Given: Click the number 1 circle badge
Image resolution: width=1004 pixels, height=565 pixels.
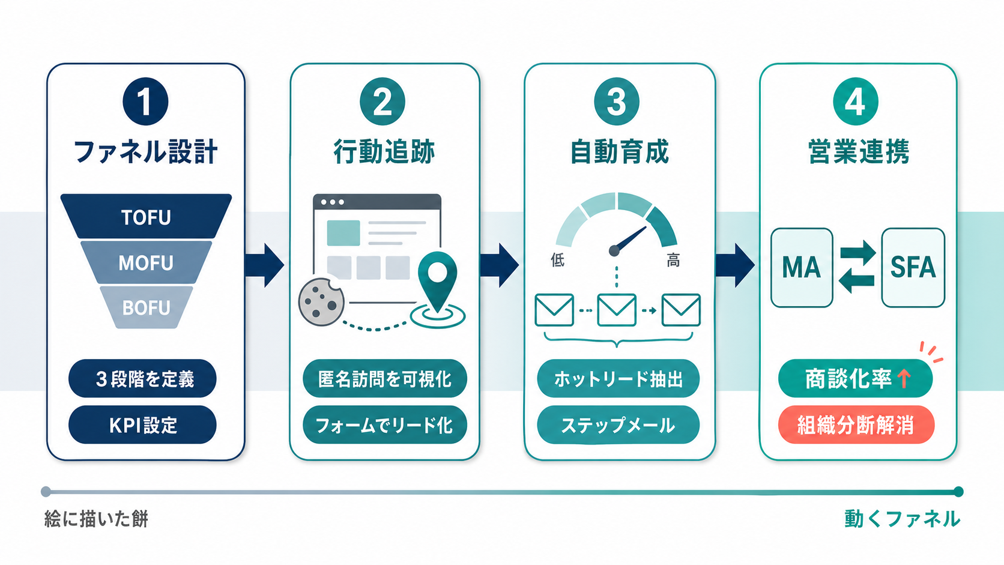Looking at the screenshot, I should (145, 101).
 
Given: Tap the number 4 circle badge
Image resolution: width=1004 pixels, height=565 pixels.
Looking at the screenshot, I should (856, 101).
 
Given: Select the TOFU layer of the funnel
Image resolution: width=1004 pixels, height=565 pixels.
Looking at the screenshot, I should (146, 217).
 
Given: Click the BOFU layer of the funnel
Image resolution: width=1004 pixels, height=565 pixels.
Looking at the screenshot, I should (146, 307).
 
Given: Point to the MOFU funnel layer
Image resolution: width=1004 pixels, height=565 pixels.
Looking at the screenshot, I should (146, 262).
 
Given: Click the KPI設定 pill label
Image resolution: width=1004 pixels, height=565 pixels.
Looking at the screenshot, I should (142, 425).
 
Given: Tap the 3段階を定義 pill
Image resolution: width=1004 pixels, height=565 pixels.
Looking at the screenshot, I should (142, 379).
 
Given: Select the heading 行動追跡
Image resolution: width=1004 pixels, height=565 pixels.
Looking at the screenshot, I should (384, 151).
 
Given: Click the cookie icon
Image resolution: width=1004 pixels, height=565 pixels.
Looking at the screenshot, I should (321, 301).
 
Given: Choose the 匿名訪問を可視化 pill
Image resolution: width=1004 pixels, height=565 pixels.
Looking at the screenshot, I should (384, 379).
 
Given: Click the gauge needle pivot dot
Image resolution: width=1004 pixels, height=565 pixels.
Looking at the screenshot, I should (614, 251).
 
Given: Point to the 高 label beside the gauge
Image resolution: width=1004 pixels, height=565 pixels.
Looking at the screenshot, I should (673, 260).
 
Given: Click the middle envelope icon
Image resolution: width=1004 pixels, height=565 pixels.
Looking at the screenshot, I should (617, 310).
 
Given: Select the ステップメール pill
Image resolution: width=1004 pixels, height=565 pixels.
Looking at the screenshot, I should (618, 425).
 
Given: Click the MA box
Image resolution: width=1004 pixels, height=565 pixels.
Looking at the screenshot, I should (802, 267).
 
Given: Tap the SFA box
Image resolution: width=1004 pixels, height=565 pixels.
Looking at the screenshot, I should (913, 267).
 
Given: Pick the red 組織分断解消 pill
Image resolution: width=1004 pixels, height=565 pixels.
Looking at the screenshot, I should (856, 425).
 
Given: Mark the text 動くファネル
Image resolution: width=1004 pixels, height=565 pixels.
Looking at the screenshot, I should (902, 519).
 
